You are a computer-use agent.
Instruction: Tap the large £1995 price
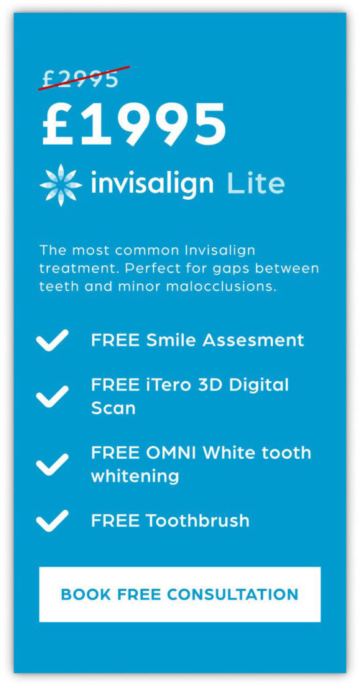pyautogui.click(x=134, y=124)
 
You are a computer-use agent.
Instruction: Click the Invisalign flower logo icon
pyautogui.click(x=61, y=185)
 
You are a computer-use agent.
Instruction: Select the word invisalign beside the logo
pyautogui.click(x=152, y=184)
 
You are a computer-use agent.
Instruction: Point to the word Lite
pyautogui.click(x=256, y=183)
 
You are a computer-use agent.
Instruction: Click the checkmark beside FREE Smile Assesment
pyautogui.click(x=52, y=340)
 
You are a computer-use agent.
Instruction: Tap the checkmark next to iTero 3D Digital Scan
pyautogui.click(x=52, y=397)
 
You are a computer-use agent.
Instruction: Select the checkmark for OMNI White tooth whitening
pyautogui.click(x=52, y=464)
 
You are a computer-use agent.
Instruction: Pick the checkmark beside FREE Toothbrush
pyautogui.click(x=52, y=521)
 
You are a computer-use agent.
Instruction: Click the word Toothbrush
pyautogui.click(x=198, y=521)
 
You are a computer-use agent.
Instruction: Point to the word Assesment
pyautogui.click(x=253, y=340)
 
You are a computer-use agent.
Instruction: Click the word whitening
pyautogui.click(x=135, y=476)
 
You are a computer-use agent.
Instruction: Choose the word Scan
pyautogui.click(x=113, y=408)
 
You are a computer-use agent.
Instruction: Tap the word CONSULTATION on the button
pyautogui.click(x=233, y=594)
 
